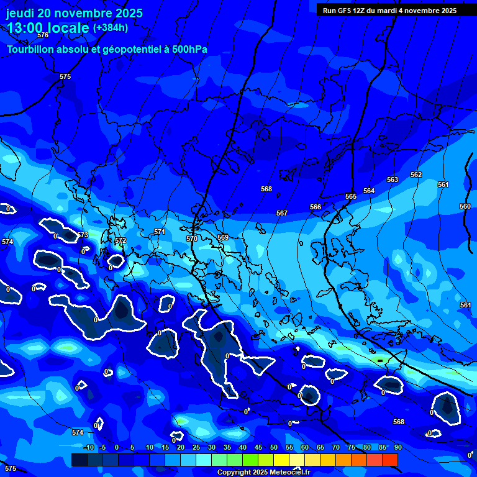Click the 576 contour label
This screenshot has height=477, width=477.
(x=42, y=35)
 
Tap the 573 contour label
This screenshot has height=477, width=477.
(x=83, y=235)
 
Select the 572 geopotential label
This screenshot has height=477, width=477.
(x=120, y=240)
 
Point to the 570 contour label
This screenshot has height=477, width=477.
(x=192, y=238)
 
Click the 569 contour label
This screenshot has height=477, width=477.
(x=222, y=237)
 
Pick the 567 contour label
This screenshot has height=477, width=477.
(x=282, y=213)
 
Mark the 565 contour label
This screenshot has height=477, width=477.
(x=351, y=196)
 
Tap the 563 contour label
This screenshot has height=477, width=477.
(x=393, y=179)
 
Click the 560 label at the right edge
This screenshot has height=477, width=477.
(x=465, y=206)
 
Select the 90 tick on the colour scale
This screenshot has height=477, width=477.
(x=397, y=447)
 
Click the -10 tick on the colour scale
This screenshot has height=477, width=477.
(x=88, y=447)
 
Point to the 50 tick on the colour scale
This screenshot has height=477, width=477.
(x=274, y=447)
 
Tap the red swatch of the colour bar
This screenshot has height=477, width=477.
(x=389, y=460)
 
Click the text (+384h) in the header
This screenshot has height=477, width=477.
(x=111, y=27)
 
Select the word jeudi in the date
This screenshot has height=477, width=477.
(x=20, y=13)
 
